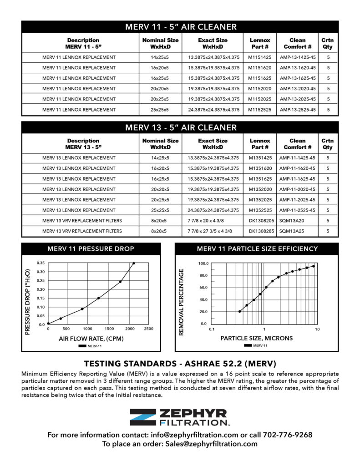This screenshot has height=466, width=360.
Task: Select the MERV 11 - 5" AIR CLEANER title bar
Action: coord(180,27)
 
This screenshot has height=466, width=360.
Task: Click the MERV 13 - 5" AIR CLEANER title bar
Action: coord(180,127)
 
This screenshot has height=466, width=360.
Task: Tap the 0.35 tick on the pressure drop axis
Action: coord(41,263)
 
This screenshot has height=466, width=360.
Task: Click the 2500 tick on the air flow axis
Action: coord(148,329)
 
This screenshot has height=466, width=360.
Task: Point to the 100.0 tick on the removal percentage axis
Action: coord(203,263)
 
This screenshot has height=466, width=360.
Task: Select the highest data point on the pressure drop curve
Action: coord(133,263)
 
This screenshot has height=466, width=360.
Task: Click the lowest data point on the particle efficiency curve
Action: coord(239,312)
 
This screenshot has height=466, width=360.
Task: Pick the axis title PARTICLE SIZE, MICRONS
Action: coord(257,338)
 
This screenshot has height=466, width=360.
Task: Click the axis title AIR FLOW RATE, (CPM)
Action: coord(91,339)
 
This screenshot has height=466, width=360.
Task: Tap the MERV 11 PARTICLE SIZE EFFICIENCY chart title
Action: coord(257,249)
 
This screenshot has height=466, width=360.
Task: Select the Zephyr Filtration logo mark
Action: coord(142,417)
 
